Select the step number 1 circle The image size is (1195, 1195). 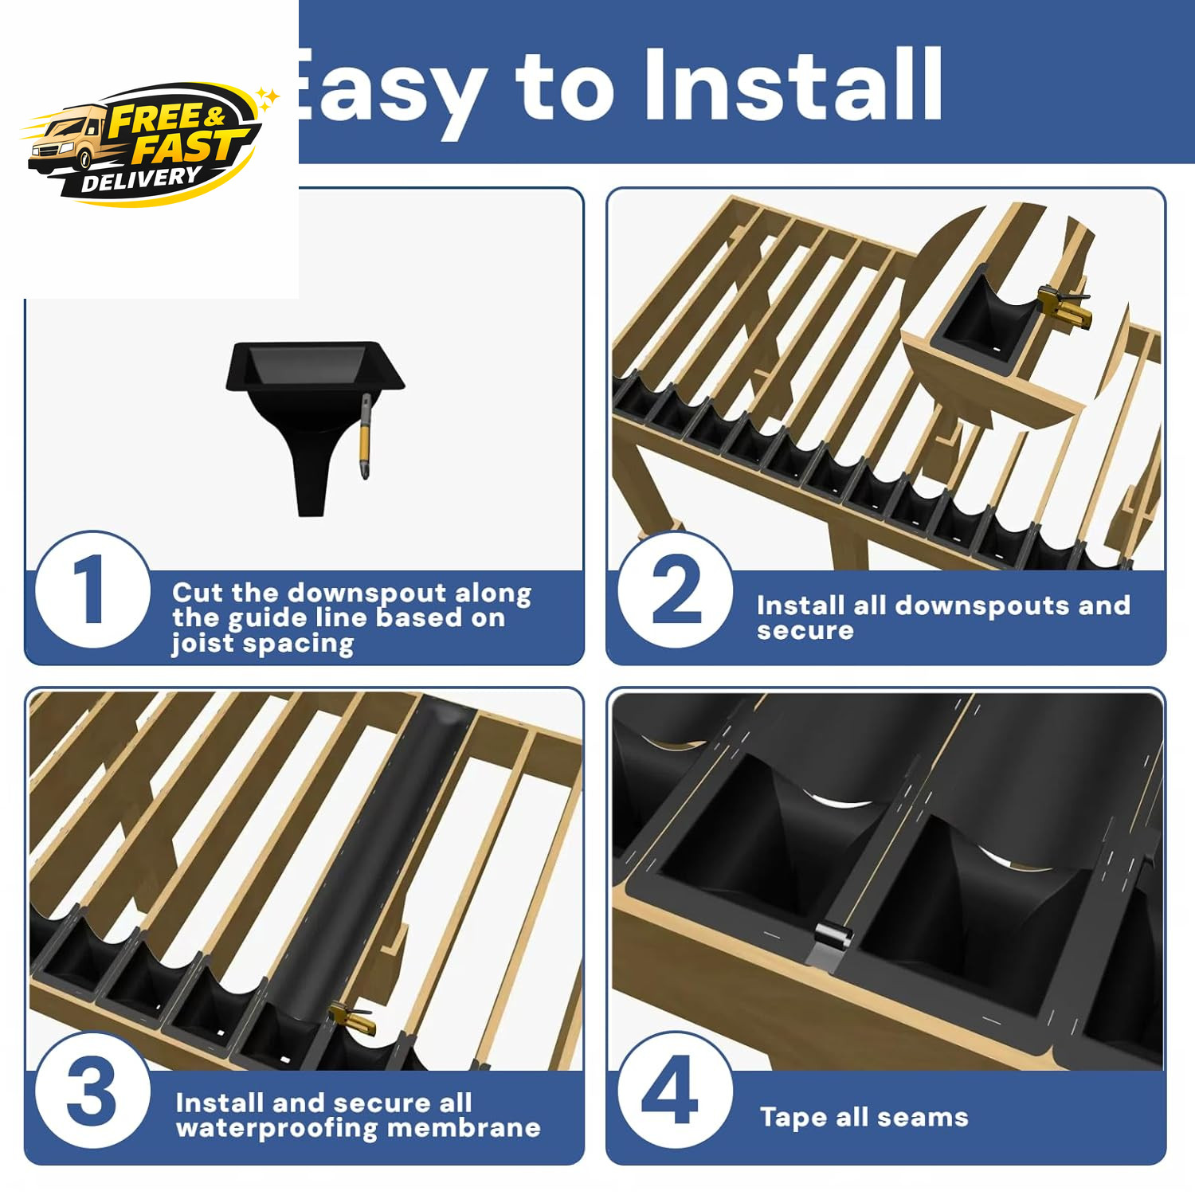tap(93, 590)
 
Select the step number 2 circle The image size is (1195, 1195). tap(676, 590)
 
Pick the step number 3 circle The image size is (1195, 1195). tap(93, 1090)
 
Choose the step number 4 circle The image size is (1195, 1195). tap(676, 1090)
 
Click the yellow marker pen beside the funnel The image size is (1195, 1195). tap(366, 437)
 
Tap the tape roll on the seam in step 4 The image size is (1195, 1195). tap(833, 934)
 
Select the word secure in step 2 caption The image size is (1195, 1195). tap(805, 631)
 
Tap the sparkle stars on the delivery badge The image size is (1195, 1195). tap(268, 97)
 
